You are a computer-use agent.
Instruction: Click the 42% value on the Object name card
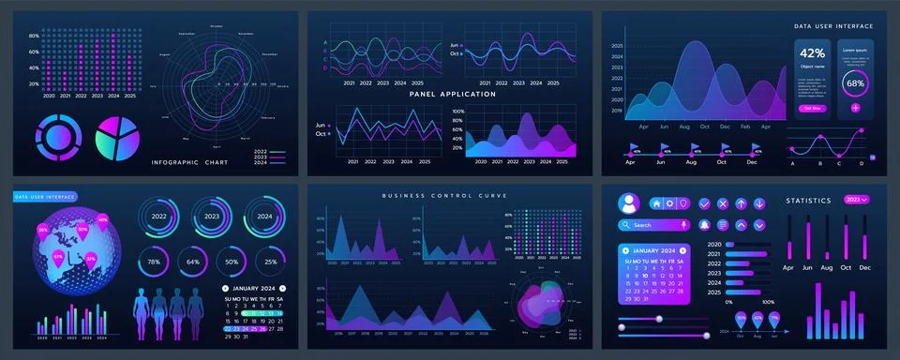click(812, 53)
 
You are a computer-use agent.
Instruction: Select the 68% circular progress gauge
click(855, 82)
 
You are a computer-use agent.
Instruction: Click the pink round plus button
click(855, 108)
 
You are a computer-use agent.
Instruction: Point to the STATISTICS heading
click(808, 200)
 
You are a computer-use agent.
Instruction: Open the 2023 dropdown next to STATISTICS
click(857, 200)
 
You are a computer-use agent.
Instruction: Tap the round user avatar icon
click(629, 202)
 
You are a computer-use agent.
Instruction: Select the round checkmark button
click(702, 203)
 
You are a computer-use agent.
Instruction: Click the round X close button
click(722, 203)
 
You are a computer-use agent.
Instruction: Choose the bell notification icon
click(702, 225)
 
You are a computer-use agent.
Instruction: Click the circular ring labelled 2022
click(158, 217)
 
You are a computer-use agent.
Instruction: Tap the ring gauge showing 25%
click(270, 262)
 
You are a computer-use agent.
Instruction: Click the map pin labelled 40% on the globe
click(102, 220)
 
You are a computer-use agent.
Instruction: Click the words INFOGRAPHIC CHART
click(190, 162)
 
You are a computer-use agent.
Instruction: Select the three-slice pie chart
click(117, 137)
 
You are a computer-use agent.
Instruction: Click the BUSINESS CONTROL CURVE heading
click(444, 195)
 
